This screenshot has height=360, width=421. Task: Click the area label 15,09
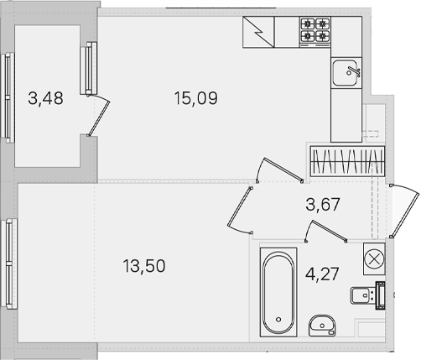click(195, 98)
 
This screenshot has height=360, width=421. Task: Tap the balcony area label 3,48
click(45, 98)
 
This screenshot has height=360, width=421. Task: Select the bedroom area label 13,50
click(144, 266)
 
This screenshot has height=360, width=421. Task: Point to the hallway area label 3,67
click(323, 204)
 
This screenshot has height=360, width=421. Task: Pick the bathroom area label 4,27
click(322, 274)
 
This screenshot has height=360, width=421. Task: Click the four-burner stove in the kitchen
click(315, 32)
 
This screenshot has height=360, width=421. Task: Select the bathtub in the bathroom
click(278, 292)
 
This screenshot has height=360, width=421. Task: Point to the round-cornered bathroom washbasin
click(322, 326)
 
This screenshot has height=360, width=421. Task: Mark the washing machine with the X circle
click(374, 258)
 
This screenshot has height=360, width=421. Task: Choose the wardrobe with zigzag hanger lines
click(347, 161)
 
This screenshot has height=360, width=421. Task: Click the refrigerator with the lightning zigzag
click(258, 32)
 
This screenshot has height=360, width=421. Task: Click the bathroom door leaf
click(329, 231)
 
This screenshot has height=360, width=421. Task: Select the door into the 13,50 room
click(239, 206)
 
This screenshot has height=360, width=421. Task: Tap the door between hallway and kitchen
click(283, 170)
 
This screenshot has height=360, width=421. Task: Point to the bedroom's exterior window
click(8, 263)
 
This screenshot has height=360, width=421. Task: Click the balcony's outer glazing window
click(7, 97)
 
